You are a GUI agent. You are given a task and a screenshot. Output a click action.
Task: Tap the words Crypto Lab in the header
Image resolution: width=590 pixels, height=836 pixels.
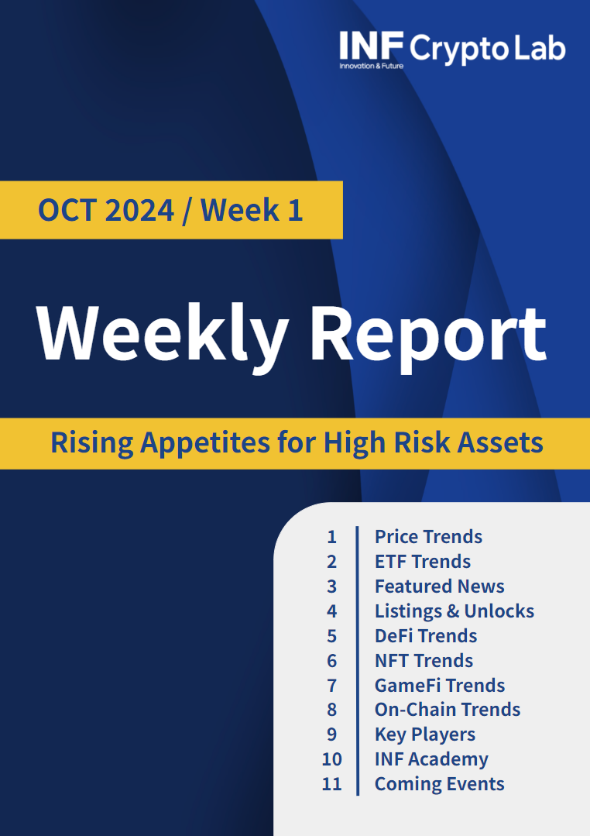click(x=487, y=49)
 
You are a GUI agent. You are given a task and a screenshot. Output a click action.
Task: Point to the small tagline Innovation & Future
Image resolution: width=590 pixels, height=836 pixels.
click(x=372, y=66)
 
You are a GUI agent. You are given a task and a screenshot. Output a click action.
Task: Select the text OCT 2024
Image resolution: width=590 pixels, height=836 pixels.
click(x=106, y=210)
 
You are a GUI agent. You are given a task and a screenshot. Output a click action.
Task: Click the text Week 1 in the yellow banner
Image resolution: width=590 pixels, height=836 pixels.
click(x=252, y=210)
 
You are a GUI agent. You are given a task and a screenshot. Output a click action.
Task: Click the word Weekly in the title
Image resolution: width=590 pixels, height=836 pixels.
click(x=163, y=334)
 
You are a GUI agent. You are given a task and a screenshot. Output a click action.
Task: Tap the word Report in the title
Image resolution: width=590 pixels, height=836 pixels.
click(x=428, y=335)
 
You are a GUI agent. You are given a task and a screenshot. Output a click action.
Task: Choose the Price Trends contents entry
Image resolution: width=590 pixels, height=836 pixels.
click(x=428, y=536)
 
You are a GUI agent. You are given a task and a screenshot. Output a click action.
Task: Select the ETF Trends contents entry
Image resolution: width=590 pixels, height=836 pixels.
click(x=423, y=562)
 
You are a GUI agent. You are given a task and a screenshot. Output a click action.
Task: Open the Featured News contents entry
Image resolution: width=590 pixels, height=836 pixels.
click(x=440, y=586)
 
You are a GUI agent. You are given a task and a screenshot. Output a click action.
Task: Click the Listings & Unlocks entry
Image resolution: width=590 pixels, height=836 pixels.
click(x=455, y=611)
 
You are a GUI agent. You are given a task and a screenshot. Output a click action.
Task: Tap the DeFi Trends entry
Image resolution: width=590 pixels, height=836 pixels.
click(x=426, y=635)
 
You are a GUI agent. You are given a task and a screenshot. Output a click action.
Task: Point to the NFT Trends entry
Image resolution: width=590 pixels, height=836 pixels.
click(x=424, y=661)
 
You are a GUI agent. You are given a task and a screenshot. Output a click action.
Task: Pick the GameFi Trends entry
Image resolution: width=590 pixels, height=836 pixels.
click(x=440, y=685)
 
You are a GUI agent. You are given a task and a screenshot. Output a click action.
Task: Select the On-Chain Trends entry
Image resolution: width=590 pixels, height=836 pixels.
click(x=448, y=709)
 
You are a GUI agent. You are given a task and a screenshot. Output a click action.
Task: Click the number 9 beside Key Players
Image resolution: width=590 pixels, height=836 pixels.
click(x=331, y=735)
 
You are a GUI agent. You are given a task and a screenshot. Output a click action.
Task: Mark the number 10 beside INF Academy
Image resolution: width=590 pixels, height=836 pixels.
click(x=331, y=759)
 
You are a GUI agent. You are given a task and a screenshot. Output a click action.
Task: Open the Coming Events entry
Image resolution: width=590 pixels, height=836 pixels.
click(x=439, y=784)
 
